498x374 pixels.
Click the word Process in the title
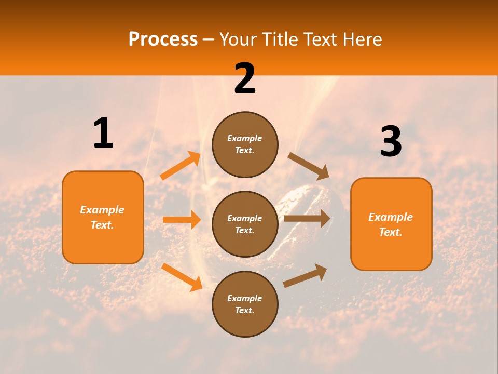[163, 39]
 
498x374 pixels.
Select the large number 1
[103, 133]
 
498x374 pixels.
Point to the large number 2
[245, 79]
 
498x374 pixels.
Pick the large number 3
[391, 142]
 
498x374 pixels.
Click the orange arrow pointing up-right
[181, 166]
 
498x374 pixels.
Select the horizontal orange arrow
[182, 220]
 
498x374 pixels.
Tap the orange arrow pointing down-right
[182, 277]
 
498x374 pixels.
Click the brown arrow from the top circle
[308, 166]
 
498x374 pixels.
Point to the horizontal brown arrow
[307, 218]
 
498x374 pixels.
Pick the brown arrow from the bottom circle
[305, 275]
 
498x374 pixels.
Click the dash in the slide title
[209, 39]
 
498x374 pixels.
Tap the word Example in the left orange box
[102, 210]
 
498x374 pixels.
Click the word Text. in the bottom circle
[244, 310]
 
